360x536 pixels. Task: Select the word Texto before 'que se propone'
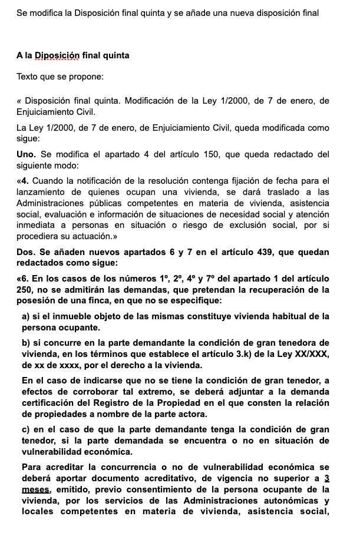click(x=28, y=77)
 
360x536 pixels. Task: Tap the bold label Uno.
click(x=27, y=154)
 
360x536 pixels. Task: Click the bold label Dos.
click(x=27, y=252)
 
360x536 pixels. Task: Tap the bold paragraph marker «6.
click(x=24, y=277)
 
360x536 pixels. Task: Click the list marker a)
click(x=26, y=316)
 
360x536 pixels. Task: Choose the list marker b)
click(x=26, y=343)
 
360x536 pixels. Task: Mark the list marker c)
click(x=26, y=430)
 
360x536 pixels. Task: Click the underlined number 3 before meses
click(x=326, y=478)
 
